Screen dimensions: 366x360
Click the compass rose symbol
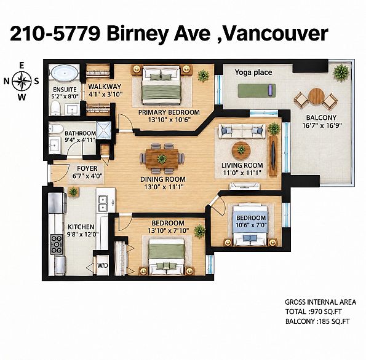pos(22,81)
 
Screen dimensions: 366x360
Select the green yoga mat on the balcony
pos(257,91)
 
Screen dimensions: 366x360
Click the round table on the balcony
pos(316,97)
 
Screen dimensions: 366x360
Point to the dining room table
pos(162,158)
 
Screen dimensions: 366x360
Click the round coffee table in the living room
pos(241,151)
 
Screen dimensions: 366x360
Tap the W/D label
pos(103,265)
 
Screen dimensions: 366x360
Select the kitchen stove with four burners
pos(57,244)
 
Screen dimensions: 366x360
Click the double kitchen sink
pos(103,204)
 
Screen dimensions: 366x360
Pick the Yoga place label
pos(253,72)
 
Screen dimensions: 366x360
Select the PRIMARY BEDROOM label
pos(169,112)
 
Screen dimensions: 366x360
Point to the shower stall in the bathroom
pos(104,130)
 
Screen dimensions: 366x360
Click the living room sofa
pos(242,131)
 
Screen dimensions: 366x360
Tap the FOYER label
pos(87,168)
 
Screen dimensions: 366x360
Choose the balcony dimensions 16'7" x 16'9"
pos(322,125)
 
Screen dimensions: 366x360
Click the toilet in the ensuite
pos(55,108)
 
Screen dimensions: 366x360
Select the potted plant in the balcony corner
pos(341,72)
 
